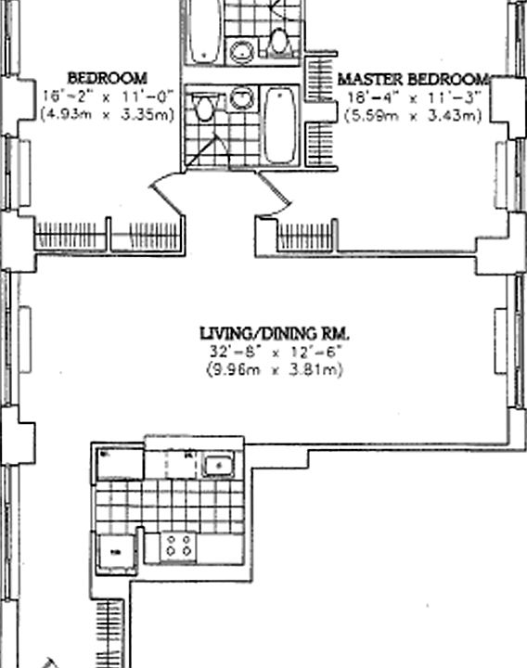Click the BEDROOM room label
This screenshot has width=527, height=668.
[x=107, y=78]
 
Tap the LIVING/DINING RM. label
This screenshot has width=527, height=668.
[x=276, y=333]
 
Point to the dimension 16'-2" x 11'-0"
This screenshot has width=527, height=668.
[x=107, y=96]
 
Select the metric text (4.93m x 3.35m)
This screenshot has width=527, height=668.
[x=107, y=115]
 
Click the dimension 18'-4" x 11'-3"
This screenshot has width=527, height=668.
[x=412, y=97]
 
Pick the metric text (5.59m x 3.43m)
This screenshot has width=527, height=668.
[x=412, y=115]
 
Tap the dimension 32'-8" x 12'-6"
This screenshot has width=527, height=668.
[x=276, y=353]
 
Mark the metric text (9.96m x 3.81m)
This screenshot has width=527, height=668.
[x=276, y=370]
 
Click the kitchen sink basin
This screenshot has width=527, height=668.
[x=218, y=464]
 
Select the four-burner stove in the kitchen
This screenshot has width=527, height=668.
[x=178, y=546]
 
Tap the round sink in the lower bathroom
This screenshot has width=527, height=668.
[x=241, y=96]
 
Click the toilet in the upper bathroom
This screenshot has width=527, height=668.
[x=277, y=42]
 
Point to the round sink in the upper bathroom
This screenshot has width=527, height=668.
[x=241, y=51]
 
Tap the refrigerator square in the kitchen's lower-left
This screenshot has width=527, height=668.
[x=118, y=553]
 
